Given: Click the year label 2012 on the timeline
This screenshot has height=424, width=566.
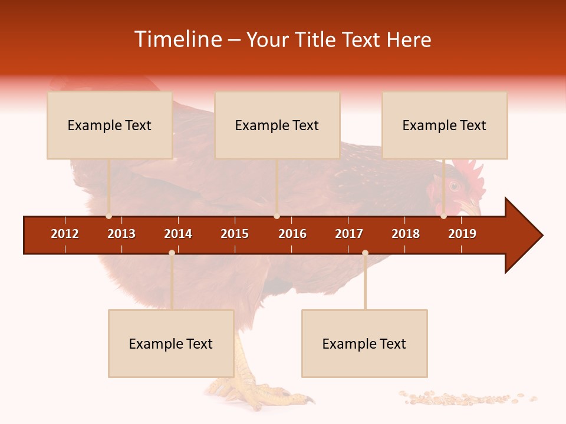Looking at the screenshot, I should pos(65,234).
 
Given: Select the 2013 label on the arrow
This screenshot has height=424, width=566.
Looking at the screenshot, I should pos(121,234).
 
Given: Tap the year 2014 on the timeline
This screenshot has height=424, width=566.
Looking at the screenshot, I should pos(178,234).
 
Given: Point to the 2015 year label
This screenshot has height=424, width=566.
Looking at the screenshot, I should pos(235,234).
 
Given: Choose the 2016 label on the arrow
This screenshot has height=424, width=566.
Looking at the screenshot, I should pos(292,234).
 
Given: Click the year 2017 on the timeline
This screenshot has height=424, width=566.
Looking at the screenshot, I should pos(349,234).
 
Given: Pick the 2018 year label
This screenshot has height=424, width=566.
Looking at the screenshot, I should pos(406,234).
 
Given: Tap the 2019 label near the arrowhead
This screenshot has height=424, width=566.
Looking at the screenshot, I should pos(462,234).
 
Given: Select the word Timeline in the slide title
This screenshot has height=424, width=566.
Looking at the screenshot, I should pos(178,39).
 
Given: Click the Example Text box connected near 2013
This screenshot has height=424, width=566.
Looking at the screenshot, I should pos(110,125).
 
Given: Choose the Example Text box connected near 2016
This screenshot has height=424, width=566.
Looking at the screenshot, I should pos(277,125).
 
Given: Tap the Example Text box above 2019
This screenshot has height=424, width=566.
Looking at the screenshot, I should pos(445,125).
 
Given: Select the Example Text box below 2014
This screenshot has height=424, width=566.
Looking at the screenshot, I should pos(171,344).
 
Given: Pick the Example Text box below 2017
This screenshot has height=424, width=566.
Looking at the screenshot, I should pos(364,344).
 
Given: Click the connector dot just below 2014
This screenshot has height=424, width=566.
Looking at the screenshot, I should pos(172,253).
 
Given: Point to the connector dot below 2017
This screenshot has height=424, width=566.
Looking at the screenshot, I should pos(365,253).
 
